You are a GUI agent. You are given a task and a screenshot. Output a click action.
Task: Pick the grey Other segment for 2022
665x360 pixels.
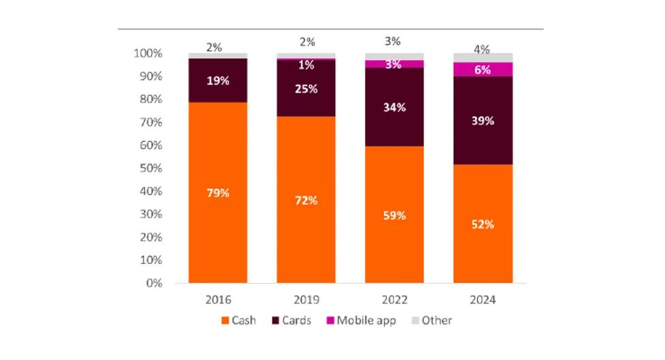(394, 57)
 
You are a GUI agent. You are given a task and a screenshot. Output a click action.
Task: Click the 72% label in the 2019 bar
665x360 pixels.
(306, 200)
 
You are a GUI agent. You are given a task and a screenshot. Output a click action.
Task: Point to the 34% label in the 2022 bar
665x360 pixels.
(395, 107)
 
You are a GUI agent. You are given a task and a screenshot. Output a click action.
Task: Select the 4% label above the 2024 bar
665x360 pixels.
(482, 48)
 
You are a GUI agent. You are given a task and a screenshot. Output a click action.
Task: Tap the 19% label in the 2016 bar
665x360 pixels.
(218, 80)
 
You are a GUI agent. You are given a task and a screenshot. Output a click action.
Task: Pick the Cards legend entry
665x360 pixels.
(294, 320)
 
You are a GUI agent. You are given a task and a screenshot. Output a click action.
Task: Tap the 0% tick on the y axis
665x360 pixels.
(153, 283)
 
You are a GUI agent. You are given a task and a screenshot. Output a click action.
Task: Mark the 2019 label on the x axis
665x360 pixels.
(306, 299)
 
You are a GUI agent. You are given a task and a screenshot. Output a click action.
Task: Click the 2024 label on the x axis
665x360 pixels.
(482, 299)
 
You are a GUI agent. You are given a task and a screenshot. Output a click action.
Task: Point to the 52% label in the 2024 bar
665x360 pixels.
(482, 224)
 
